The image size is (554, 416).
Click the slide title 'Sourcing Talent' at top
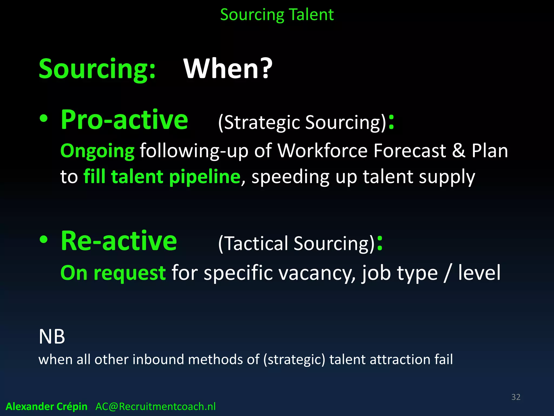277,15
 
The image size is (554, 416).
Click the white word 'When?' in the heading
228,69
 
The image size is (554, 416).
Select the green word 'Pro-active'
124,120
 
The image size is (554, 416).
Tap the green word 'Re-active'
119,241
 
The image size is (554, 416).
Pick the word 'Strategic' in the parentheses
261,122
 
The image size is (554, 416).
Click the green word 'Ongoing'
97,151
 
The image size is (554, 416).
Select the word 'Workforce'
322,151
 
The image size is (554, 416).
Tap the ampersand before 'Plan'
459,151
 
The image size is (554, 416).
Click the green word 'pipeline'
205,177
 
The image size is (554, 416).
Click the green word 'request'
130,273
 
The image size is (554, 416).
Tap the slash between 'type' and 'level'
447,273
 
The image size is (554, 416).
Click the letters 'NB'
52,337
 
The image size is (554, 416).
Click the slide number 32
516,397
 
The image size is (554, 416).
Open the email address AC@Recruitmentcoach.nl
156,407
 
